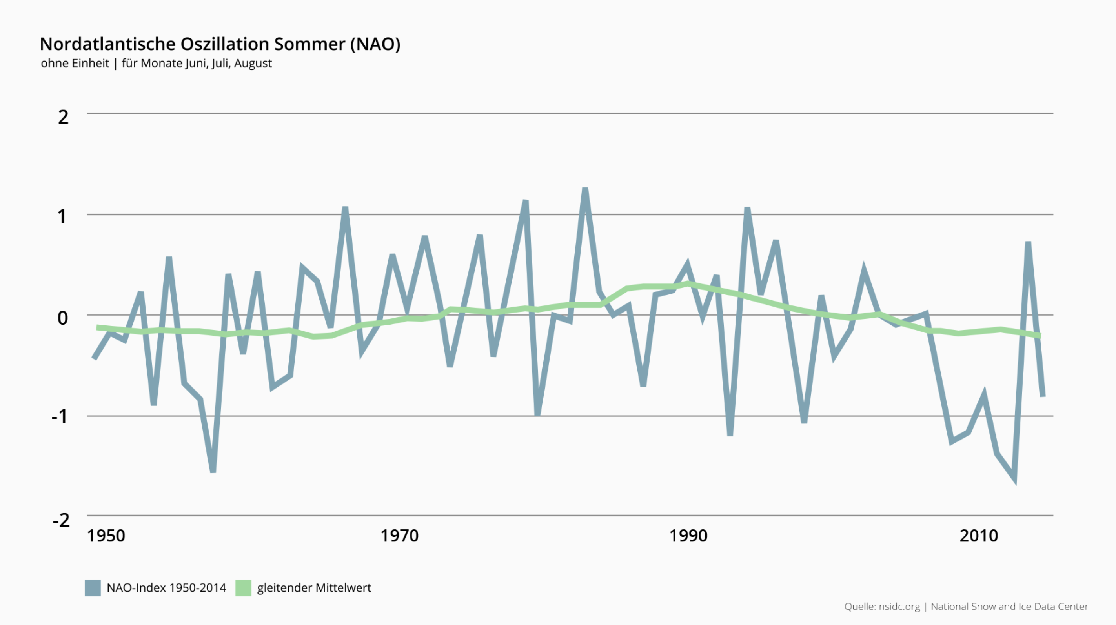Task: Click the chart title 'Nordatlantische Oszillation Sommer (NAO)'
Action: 220,44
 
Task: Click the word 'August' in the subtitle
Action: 253,64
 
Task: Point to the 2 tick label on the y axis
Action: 63,117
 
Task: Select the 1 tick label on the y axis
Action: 62,216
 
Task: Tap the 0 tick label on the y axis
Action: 63,318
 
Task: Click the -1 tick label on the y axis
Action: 60,416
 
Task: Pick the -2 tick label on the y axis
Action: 61,520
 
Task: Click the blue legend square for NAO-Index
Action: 93,588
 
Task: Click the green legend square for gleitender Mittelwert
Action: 243,588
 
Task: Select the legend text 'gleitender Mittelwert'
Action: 314,588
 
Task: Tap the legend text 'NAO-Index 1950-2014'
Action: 166,588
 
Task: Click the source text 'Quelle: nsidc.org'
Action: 882,607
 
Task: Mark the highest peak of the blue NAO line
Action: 585,189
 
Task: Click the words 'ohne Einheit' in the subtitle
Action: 75,64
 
